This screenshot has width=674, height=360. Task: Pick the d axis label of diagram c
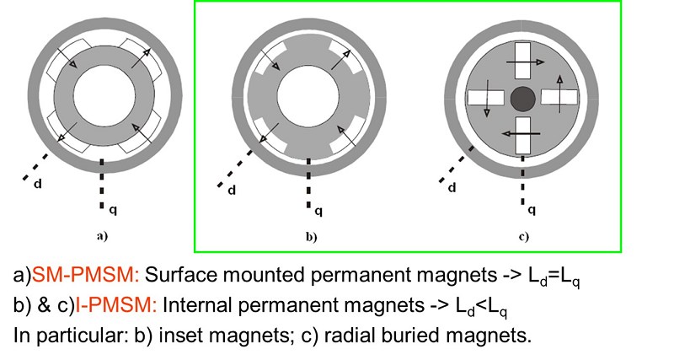tap(452, 188)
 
